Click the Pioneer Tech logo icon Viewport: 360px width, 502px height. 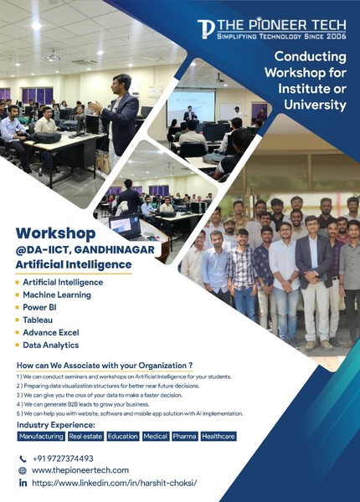point(206,28)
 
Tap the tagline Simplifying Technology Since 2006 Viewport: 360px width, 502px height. point(281,36)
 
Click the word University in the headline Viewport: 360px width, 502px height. point(315,105)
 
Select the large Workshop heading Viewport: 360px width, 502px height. point(56,233)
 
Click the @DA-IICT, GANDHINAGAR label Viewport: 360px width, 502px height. point(85,249)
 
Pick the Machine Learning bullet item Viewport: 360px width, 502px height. point(57,295)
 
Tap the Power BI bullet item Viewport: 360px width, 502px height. point(39,307)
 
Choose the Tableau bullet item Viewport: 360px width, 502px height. point(38,320)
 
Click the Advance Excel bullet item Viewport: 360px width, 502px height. point(50,332)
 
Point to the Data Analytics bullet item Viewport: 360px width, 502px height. point(50,345)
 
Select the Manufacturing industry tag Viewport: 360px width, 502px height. point(41,437)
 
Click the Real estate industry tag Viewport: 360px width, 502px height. point(86,437)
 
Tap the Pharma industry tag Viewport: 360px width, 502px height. point(184,437)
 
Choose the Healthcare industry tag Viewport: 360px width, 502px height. point(219,437)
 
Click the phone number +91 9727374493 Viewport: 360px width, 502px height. point(63,458)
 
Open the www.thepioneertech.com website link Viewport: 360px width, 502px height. point(80,470)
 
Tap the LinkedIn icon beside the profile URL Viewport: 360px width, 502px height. point(23,483)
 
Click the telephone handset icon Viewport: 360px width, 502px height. point(23,458)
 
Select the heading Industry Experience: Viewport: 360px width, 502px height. point(56,425)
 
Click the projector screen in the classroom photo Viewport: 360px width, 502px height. point(191,107)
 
